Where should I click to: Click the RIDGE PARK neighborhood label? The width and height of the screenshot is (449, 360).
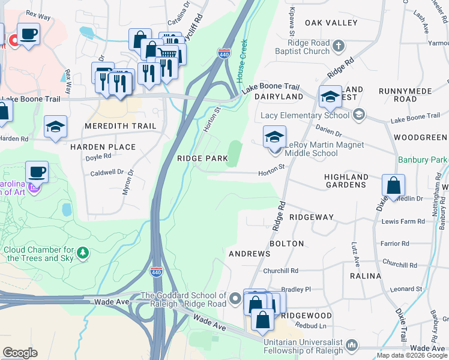pyautogui.click(x=202, y=158)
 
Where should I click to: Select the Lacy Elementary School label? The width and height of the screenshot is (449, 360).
pyautogui.click(x=304, y=115)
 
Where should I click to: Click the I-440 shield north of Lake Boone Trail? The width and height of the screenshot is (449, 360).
pyautogui.click(x=224, y=54)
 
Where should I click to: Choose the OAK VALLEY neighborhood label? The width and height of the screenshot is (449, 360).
pyautogui.click(x=331, y=23)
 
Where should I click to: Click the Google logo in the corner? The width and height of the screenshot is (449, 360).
pyautogui.click(x=20, y=353)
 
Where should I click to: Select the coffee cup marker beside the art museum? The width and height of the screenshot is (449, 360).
pyautogui.click(x=37, y=172)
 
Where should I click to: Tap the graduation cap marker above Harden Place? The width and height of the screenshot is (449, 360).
pyautogui.click(x=55, y=127)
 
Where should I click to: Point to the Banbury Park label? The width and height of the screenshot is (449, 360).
pyautogui.click(x=423, y=160)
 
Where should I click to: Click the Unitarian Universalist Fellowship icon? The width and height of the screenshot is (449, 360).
pyautogui.click(x=352, y=346)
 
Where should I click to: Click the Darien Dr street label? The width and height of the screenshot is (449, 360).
pyautogui.click(x=329, y=135)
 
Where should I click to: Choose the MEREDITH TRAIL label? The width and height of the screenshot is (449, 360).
pyautogui.click(x=120, y=126)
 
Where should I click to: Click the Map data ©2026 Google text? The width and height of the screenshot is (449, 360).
pyautogui.click(x=412, y=355)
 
